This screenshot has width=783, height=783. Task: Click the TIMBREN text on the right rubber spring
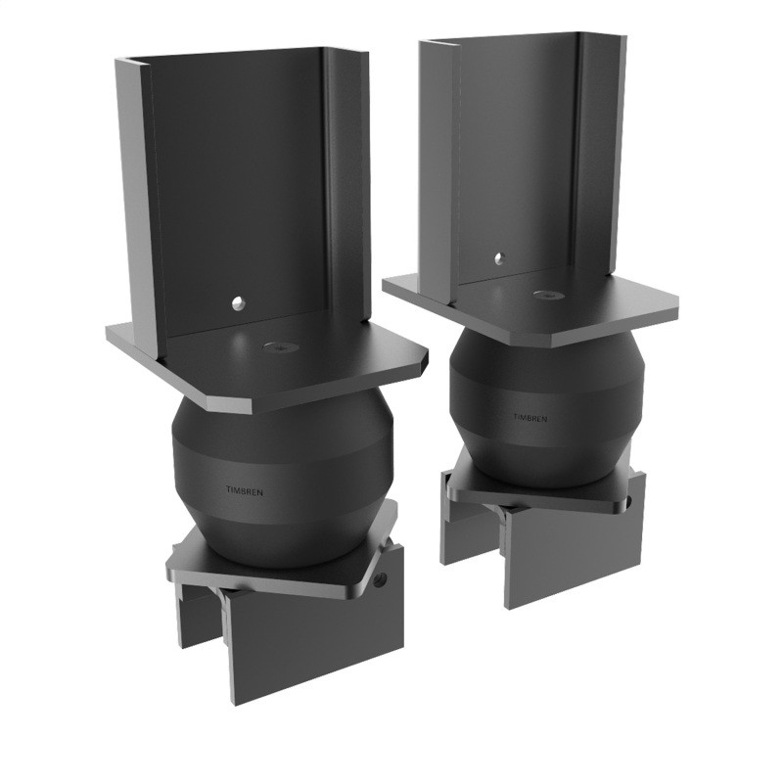530,418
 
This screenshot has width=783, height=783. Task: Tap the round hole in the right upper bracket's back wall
499,258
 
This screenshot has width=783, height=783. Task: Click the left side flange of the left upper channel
137,196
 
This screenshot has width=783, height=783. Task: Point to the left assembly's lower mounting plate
284,568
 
